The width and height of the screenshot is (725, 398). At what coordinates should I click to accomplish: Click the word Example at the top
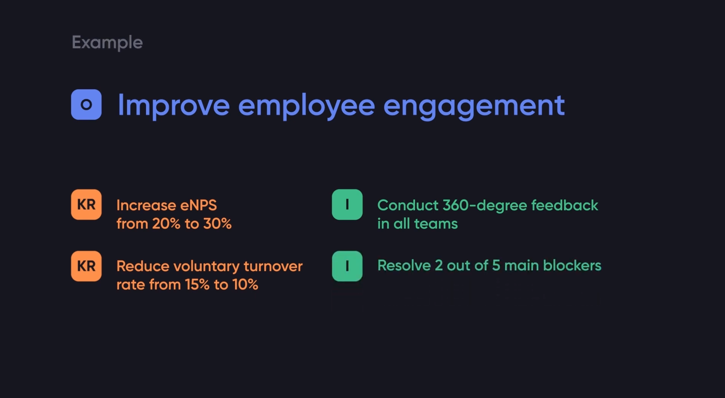(x=107, y=43)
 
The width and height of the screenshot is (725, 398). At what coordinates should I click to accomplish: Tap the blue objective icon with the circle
(x=86, y=104)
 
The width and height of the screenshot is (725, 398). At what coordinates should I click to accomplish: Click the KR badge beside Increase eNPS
(x=86, y=204)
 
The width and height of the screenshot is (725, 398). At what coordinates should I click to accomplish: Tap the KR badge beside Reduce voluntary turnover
(x=86, y=266)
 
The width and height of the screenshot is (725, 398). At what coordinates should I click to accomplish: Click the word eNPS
(x=198, y=205)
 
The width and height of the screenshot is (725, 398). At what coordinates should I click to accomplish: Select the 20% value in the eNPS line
(x=166, y=224)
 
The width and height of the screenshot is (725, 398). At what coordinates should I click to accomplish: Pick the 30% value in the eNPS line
(x=217, y=224)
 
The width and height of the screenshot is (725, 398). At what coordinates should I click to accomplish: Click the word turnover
(x=273, y=266)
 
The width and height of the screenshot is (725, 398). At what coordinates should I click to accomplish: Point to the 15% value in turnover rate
(x=197, y=285)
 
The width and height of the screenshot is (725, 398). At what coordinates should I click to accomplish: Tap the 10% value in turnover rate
(x=245, y=285)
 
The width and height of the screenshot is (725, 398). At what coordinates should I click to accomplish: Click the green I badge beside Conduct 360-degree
(x=347, y=204)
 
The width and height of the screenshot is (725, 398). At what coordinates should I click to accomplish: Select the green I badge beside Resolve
(x=347, y=266)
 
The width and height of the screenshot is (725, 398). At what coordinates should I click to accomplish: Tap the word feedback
(x=564, y=205)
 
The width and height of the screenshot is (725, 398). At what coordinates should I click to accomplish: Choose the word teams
(x=436, y=224)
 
